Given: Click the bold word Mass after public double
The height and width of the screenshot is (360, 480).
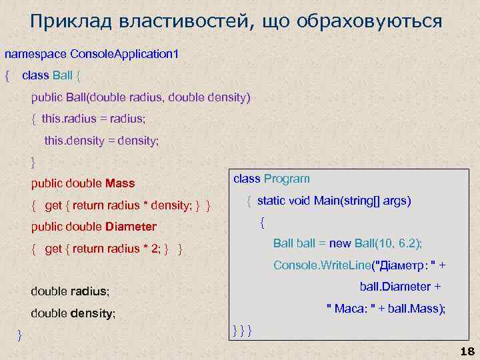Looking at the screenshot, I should tap(120, 183).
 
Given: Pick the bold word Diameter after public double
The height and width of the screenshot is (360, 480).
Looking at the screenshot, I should tap(131, 226).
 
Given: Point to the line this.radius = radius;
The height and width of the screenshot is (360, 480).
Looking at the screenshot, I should tap(93, 119).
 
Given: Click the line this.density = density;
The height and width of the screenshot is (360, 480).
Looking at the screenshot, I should tap(101, 141).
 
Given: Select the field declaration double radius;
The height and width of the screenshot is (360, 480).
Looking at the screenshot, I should tap(70, 291).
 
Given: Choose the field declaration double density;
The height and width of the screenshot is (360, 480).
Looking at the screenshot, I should tap(73, 313).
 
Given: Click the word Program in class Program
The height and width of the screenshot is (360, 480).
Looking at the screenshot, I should tap(287, 178).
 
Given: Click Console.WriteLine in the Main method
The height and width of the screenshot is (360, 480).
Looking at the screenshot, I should tap(321, 265).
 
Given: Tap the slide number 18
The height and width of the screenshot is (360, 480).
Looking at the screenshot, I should tap(466, 351).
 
